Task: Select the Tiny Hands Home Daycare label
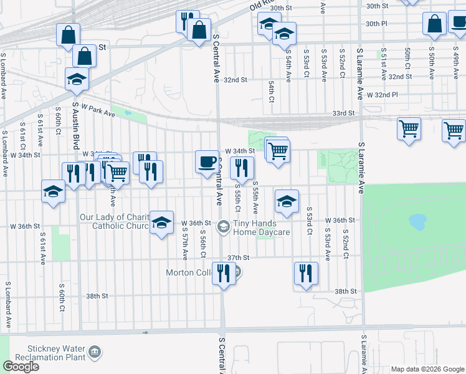pos(262,229)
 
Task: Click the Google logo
pos(21,366)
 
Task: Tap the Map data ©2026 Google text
pos(427,369)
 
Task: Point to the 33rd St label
pos(343,113)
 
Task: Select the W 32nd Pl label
pos(382,95)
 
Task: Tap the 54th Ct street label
pos(272,90)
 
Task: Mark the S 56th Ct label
pos(203,244)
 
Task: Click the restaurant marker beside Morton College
pos(223,274)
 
